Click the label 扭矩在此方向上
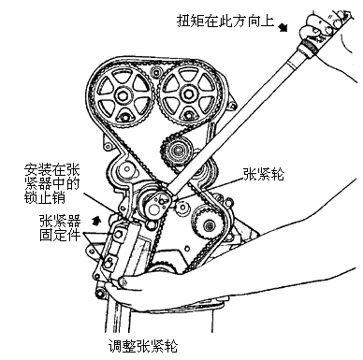point(225,21)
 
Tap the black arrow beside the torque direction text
point(283,27)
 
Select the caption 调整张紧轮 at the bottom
point(143,346)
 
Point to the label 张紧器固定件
point(60,228)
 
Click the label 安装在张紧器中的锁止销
point(51,184)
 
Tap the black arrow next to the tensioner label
point(96,221)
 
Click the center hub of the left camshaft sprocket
point(122,95)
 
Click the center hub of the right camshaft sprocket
point(187,94)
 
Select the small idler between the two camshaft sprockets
point(155,72)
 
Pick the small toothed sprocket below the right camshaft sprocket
point(176,151)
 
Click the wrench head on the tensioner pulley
point(157,204)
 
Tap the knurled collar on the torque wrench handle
point(310,47)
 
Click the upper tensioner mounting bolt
point(118,234)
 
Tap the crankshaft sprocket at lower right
point(208,225)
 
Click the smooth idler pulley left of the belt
point(126,170)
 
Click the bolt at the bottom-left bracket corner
point(100,294)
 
